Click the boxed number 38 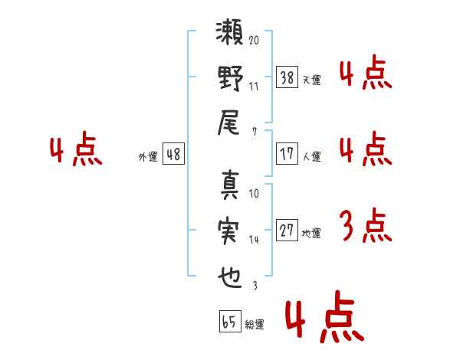tap(287, 77)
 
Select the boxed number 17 tap(287, 153)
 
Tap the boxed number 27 tap(287, 231)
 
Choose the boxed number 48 tap(172, 154)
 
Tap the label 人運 tap(311, 156)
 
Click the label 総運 tap(255, 325)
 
